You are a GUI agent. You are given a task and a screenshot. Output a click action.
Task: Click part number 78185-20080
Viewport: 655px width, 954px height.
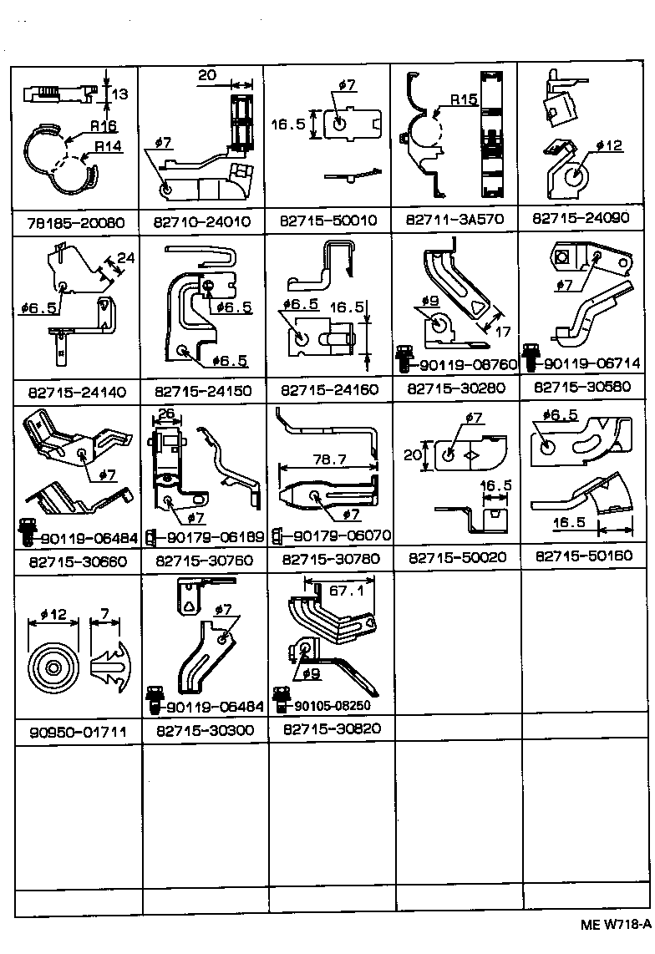pos(75,222)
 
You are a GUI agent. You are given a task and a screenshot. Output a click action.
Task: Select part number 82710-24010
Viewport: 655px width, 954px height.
pos(202,222)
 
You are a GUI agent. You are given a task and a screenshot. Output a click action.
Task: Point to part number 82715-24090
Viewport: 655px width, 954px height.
pos(583,220)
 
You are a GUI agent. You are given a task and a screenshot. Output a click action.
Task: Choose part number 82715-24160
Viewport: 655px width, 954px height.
pos(330,389)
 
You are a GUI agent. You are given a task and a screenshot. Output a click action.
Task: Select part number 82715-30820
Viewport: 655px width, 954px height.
pos(331,728)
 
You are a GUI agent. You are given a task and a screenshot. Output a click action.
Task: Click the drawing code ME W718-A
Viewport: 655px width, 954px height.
pos(616,925)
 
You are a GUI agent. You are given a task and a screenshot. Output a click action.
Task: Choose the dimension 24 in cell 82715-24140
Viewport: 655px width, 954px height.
pos(124,258)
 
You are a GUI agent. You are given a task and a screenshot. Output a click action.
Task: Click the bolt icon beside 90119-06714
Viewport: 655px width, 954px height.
pos(530,357)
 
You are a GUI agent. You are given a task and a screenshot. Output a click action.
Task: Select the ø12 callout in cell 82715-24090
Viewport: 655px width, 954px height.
pos(610,145)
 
